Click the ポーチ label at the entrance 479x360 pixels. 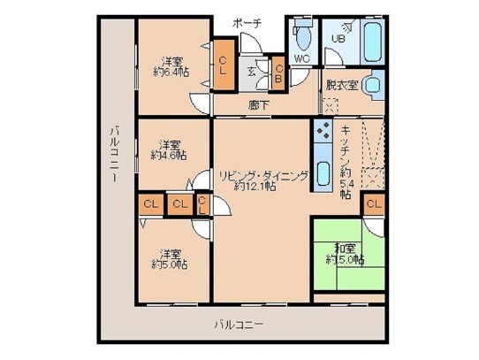pos(247,23)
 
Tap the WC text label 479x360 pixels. pos(300,59)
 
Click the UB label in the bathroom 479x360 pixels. pos(338,38)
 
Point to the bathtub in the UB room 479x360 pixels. pos(370,39)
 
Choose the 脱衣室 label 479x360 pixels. pos(341,85)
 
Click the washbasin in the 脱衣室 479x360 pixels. pos(372,87)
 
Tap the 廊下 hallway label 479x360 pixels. pos(259,104)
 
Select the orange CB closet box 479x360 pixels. pos(278,74)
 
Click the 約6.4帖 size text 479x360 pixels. pos(170,73)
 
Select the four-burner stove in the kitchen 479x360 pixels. pos(323,134)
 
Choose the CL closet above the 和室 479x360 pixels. pos(373,205)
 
